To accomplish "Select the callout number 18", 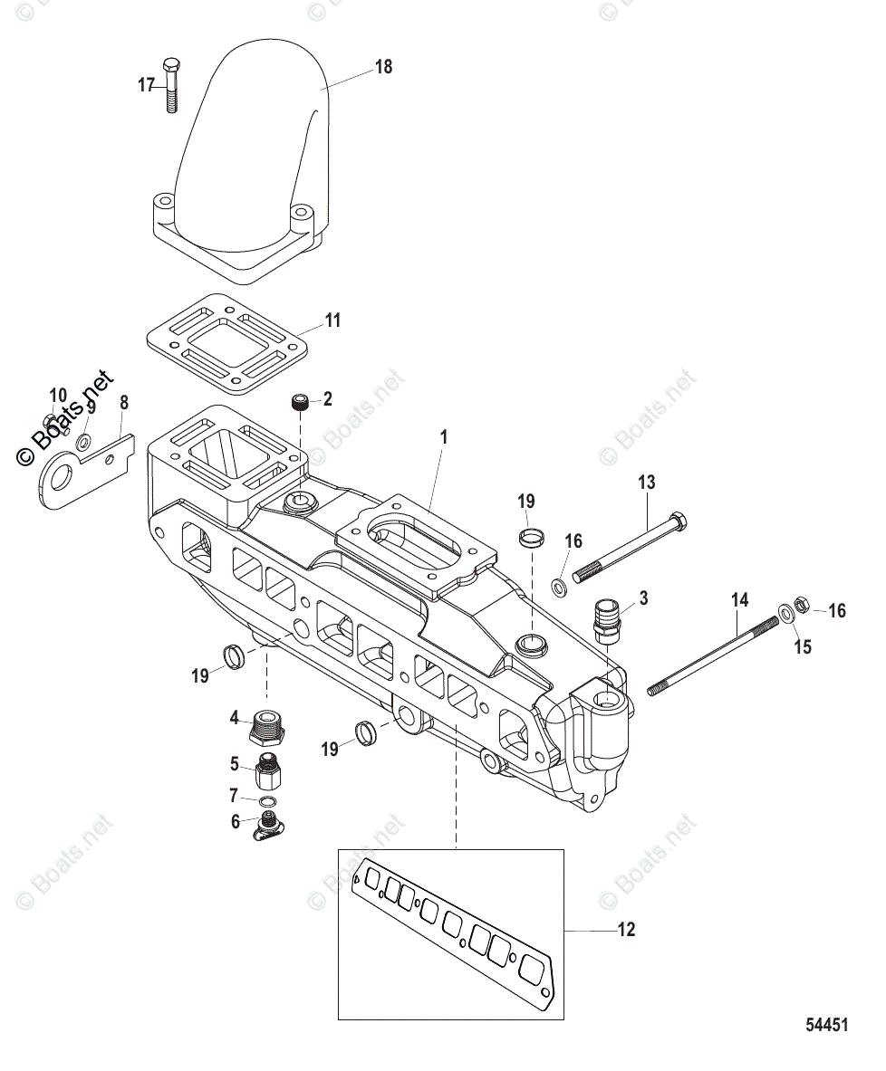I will (384, 66).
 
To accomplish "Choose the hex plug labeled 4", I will (266, 724).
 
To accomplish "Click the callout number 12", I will (626, 929).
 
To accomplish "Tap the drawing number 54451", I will (827, 1026).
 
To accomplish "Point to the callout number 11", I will (333, 320).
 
